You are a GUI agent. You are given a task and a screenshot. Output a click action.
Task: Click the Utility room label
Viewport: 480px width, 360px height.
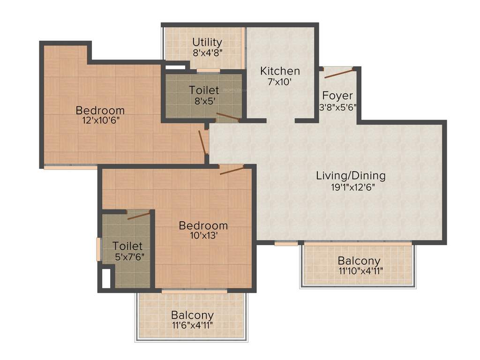pyautogui.click(x=207, y=42)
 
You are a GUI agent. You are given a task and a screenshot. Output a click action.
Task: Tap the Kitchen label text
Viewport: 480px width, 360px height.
pyautogui.click(x=280, y=71)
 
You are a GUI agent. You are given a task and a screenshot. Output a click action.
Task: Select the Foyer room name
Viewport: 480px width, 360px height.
pyautogui.click(x=337, y=96)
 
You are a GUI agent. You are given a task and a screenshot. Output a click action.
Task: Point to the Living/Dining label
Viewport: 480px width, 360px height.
pyautogui.click(x=351, y=176)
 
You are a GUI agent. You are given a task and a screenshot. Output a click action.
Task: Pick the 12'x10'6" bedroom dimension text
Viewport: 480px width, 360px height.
pyautogui.click(x=100, y=120)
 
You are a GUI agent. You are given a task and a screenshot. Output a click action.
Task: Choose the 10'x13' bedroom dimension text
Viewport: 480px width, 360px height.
pyautogui.click(x=203, y=235)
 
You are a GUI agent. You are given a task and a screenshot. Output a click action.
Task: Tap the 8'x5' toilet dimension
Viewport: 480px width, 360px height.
pyautogui.click(x=203, y=100)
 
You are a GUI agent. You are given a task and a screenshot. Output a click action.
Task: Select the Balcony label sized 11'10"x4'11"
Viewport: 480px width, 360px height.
pyautogui.click(x=359, y=261)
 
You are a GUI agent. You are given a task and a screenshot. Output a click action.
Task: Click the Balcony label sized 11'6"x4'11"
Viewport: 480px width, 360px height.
pyautogui.click(x=192, y=315)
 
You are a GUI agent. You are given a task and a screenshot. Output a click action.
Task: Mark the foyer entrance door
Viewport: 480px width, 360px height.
pyautogui.click(x=338, y=73)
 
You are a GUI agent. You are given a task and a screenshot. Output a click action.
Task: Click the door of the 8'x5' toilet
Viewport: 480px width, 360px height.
pyautogui.click(x=227, y=117)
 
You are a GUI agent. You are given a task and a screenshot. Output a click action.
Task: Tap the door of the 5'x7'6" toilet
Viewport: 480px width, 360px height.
pyautogui.click(x=138, y=215)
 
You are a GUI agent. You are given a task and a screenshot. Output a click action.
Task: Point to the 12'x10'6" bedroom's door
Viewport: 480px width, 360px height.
pyautogui.click(x=202, y=142)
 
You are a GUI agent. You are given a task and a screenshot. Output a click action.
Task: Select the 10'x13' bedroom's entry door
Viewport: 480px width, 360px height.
pyautogui.click(x=232, y=170)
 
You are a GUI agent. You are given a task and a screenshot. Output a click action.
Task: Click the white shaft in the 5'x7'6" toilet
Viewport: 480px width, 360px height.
pyautogui.click(x=106, y=278)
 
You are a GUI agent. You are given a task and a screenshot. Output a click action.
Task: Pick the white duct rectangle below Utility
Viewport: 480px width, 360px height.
pyautogui.click(x=175, y=67)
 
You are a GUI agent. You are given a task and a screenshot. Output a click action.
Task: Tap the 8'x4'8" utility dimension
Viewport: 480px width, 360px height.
pyautogui.click(x=207, y=52)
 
